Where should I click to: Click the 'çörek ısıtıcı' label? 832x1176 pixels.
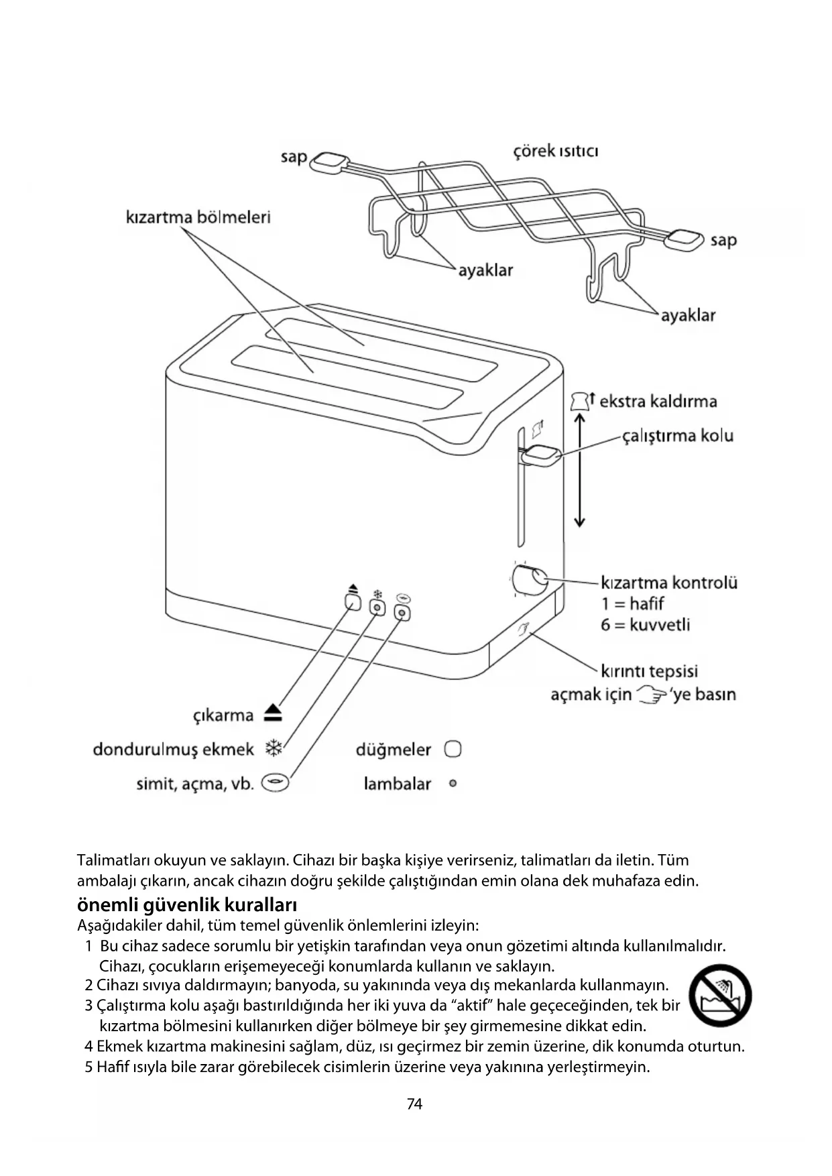[x=556, y=151]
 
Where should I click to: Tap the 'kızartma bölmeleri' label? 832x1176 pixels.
[x=198, y=217]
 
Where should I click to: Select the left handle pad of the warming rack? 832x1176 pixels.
[x=331, y=161]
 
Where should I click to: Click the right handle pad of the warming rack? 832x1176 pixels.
[x=685, y=238]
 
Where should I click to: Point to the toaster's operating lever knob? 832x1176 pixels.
[x=541, y=455]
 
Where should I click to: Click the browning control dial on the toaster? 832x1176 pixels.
[x=529, y=579]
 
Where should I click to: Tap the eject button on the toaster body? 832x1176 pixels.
[x=353, y=601]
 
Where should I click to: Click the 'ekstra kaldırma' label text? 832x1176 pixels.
[x=658, y=402]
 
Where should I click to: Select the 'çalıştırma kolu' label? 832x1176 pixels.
[x=678, y=436]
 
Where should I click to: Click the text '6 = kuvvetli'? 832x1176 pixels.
[x=645, y=625]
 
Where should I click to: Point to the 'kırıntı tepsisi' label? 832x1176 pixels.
[x=649, y=671]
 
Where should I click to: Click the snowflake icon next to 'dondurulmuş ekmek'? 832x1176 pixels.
[x=274, y=748]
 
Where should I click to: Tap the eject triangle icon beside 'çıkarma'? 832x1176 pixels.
[x=273, y=713]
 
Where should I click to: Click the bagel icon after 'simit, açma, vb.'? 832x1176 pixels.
[x=275, y=782]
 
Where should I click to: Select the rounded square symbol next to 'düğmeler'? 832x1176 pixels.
[x=453, y=749]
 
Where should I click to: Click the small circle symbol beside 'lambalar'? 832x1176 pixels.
[x=453, y=783]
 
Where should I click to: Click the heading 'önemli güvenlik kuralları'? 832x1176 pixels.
[x=187, y=904]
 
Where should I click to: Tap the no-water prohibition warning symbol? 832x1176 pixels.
[x=720, y=996]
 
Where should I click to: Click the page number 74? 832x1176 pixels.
[x=415, y=1104]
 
